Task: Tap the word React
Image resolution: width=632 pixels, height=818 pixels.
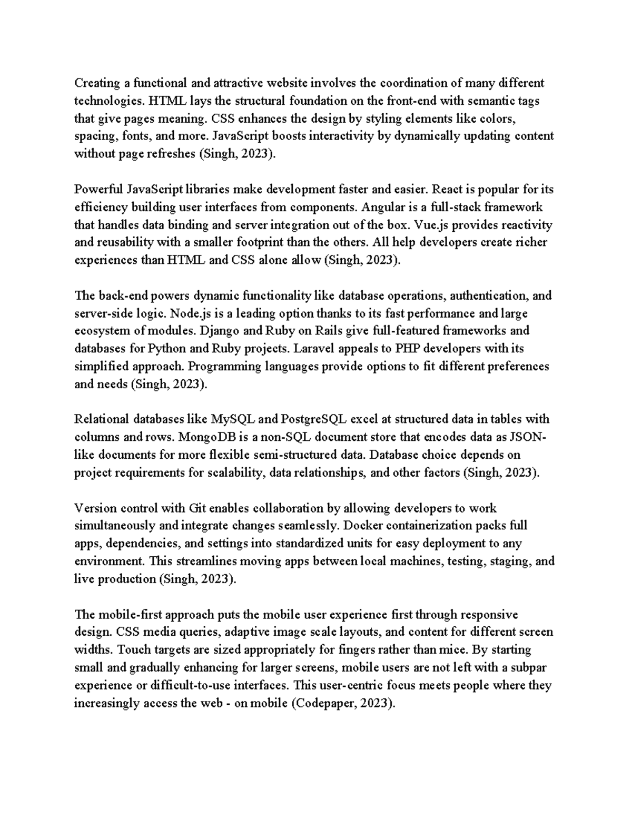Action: (446, 189)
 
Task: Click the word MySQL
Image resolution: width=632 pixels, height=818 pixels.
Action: (233, 419)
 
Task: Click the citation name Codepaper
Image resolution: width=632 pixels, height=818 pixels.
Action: (325, 703)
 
